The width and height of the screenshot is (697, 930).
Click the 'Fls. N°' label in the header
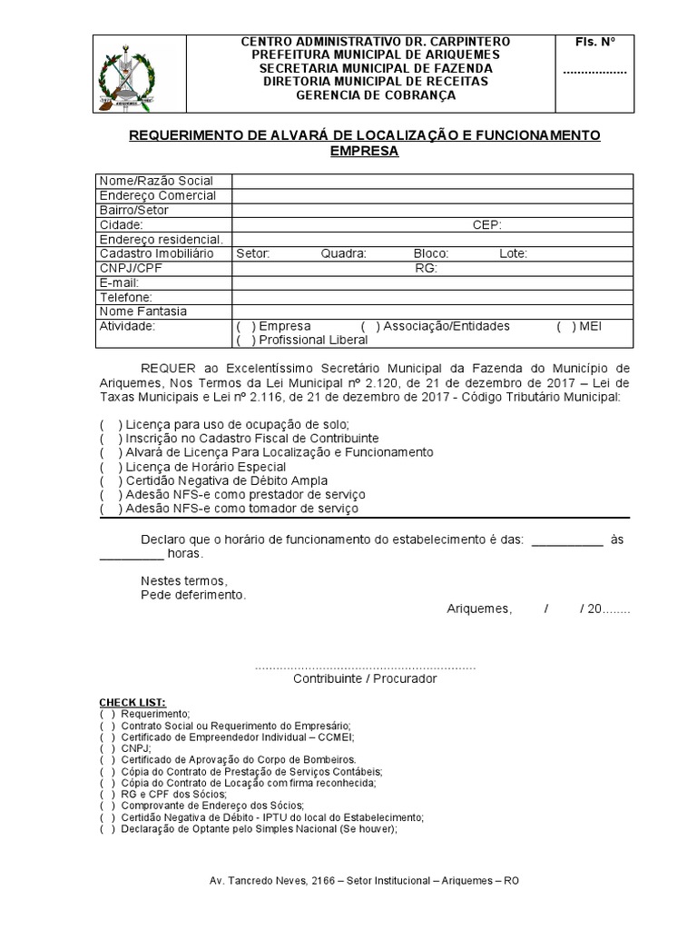click(x=595, y=43)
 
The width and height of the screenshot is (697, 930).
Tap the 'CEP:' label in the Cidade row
click(x=487, y=224)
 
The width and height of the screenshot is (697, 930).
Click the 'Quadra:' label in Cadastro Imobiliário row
click(x=344, y=253)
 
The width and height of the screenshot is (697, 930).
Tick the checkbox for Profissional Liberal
click(x=244, y=341)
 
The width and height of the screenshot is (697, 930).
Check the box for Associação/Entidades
click(x=369, y=326)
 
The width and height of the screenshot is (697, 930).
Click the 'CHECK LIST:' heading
click(x=133, y=703)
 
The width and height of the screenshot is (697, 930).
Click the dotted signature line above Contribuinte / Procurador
click(x=365, y=668)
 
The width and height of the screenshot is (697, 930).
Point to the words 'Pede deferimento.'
click(x=192, y=595)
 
